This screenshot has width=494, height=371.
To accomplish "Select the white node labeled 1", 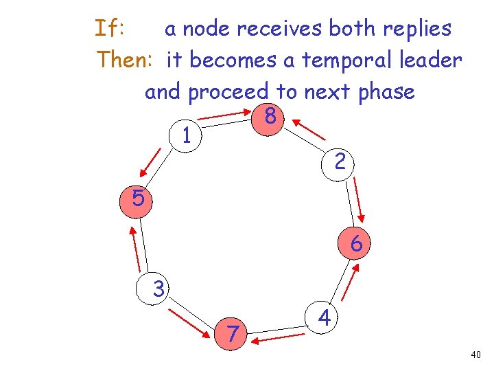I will point(186,135).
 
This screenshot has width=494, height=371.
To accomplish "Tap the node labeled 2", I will point(340,162).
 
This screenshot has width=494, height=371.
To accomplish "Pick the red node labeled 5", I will point(138,200).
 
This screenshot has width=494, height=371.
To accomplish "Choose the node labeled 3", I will point(158,289).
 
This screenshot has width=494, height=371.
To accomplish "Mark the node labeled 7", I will point(233,333).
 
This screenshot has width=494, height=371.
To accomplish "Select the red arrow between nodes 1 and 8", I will point(228,117).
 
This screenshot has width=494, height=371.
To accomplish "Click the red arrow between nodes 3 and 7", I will point(188,322).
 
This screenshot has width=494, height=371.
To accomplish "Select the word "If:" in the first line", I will point(109,29).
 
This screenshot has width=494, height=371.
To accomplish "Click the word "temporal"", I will point(334,60).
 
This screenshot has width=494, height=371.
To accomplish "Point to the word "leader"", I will point(430,60).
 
